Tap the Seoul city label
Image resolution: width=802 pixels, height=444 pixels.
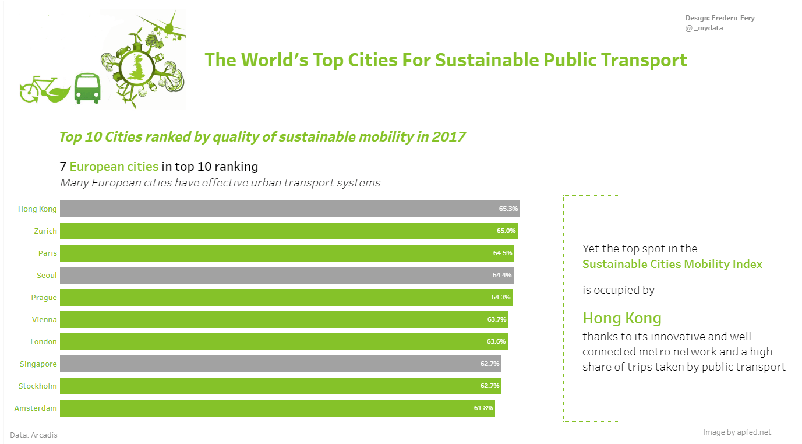coord(46,275)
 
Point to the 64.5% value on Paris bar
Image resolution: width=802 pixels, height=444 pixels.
coord(503,253)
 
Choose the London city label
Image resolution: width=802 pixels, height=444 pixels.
coord(44,341)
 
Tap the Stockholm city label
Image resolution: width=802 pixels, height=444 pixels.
coord(38,386)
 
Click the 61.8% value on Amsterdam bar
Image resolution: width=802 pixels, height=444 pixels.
coord(483,408)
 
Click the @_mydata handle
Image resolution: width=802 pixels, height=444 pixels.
coord(704,27)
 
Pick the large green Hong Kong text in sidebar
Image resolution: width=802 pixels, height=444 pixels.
coord(622,318)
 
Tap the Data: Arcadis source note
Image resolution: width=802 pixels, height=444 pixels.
coord(34,435)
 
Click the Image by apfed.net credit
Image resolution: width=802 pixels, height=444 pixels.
coord(737,432)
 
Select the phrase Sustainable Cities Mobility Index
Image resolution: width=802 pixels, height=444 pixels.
coord(672,264)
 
